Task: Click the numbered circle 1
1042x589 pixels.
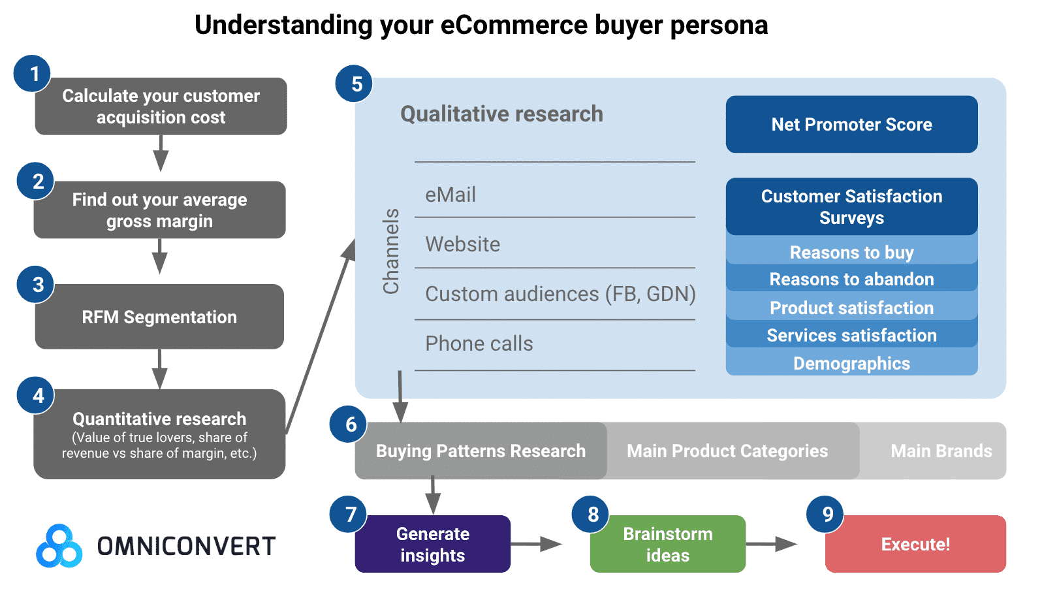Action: coord(33,74)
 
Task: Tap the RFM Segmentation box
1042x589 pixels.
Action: coord(159,317)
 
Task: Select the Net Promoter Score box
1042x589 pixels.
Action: coord(851,124)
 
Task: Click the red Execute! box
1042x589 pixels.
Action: coord(915,544)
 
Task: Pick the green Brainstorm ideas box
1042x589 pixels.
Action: coord(667,544)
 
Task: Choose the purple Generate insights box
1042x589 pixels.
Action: coord(432,544)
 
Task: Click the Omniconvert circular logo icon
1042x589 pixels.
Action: coord(59,546)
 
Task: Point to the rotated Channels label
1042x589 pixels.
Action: coord(391,251)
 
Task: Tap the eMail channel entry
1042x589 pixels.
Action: coord(450,195)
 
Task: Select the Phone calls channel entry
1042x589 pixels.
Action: coord(479,343)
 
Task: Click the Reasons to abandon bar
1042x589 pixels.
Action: coord(851,279)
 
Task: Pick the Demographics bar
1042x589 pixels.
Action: coord(851,363)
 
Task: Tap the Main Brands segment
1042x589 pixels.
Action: coord(941,451)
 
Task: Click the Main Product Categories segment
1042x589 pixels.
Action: coord(727,451)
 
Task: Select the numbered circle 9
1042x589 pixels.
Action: coord(827,515)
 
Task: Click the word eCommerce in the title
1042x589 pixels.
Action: coord(514,25)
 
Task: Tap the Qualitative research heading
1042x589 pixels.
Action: coord(501,114)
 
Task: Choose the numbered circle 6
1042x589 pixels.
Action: coord(351,424)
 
